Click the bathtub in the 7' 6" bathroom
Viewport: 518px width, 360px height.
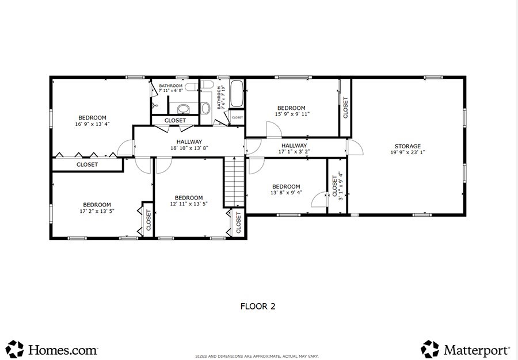(x=237, y=94)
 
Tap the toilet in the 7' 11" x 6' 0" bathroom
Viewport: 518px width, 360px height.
(x=191, y=87)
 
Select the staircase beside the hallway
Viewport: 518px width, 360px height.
(x=234, y=182)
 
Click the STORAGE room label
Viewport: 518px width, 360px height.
(x=407, y=146)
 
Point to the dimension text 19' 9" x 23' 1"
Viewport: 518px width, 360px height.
(x=407, y=152)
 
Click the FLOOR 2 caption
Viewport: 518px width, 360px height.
(x=258, y=307)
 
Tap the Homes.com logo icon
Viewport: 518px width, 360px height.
(x=14, y=349)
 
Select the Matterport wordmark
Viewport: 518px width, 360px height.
(x=477, y=350)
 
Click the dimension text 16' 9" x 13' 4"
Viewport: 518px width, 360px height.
(x=92, y=124)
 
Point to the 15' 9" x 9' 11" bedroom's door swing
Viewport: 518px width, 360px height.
(x=274, y=129)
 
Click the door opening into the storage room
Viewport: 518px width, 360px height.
(x=355, y=147)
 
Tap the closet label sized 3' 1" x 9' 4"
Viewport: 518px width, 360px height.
(x=338, y=186)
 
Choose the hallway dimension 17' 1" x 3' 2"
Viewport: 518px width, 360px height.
(x=294, y=152)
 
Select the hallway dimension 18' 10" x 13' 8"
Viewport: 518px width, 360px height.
(x=189, y=148)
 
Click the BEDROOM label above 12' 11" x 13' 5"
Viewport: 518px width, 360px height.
(x=189, y=198)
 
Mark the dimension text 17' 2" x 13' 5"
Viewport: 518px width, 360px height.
(x=97, y=211)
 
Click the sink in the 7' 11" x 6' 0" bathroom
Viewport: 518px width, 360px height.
(x=184, y=109)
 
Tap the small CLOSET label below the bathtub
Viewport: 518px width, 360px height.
(x=237, y=117)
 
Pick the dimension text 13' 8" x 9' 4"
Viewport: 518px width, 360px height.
(x=286, y=193)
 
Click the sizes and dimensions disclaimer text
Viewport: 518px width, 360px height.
(x=257, y=357)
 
